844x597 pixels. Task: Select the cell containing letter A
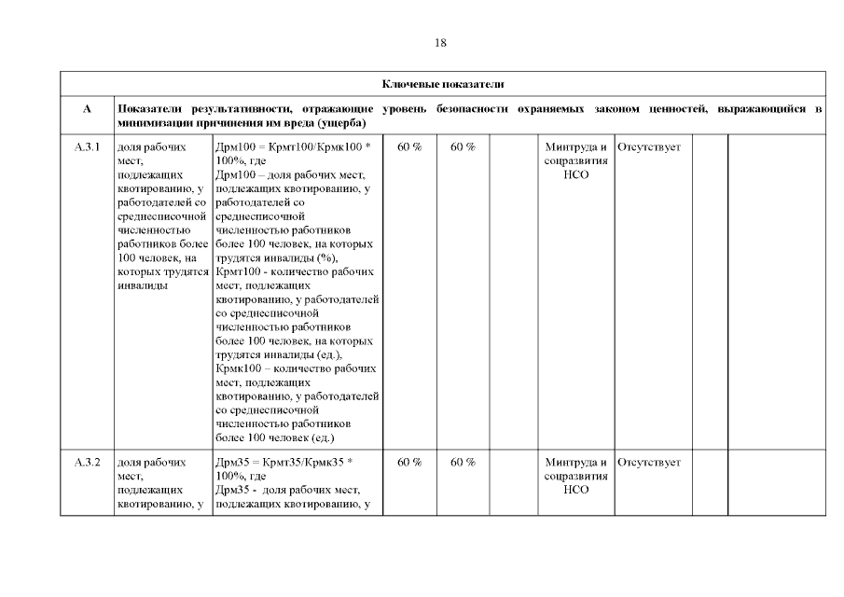click(x=87, y=109)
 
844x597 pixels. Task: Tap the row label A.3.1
click(x=87, y=147)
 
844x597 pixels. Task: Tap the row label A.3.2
click(x=87, y=462)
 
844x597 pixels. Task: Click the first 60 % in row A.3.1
click(x=409, y=147)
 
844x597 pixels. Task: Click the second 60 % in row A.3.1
click(x=464, y=147)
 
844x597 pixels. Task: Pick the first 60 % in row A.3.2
click(x=409, y=462)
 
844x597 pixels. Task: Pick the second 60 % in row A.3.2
click(x=464, y=462)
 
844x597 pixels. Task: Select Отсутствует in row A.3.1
click(x=649, y=147)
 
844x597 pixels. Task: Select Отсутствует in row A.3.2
click(x=649, y=462)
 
